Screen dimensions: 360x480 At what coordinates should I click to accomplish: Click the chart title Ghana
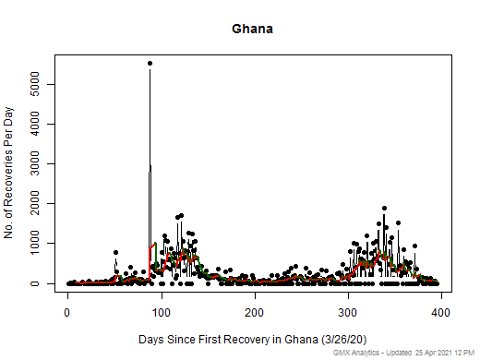[252, 29]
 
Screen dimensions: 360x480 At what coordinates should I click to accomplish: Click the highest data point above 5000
[150, 63]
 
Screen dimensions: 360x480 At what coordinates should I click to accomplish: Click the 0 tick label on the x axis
[67, 311]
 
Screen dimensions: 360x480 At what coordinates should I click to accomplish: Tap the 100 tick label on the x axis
[162, 311]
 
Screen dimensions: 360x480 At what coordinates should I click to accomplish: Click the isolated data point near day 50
[115, 252]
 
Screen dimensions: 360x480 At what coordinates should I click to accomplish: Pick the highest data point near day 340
[384, 209]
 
